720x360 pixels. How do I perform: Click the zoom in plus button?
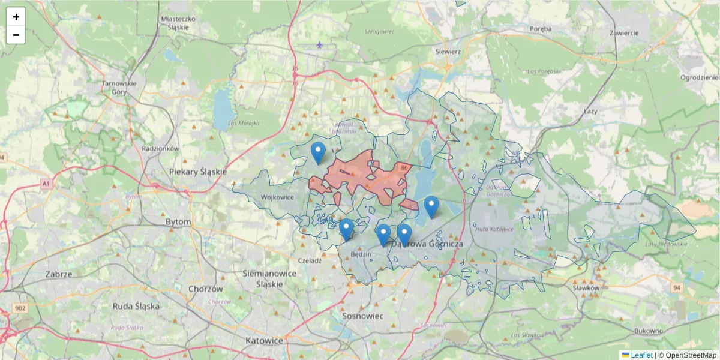point(16,17)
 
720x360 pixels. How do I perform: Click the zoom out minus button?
point(16,35)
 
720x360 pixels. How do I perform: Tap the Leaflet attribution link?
point(641,355)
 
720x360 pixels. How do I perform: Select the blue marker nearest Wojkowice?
point(318,153)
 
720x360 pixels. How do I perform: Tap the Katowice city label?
point(264,340)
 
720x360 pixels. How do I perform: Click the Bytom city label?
point(178,221)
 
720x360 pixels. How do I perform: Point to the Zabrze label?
point(59,274)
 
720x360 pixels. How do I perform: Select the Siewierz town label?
point(448,52)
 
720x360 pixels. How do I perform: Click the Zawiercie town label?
point(624,32)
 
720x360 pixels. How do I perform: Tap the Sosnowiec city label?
point(362,315)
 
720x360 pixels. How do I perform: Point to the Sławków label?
point(586,288)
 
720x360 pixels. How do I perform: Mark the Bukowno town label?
point(648,331)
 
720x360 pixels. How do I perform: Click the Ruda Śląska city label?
point(136,306)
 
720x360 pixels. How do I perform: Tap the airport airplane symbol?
point(319,44)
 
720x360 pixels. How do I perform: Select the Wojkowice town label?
point(278,197)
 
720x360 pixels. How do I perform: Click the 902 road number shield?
point(21,308)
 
